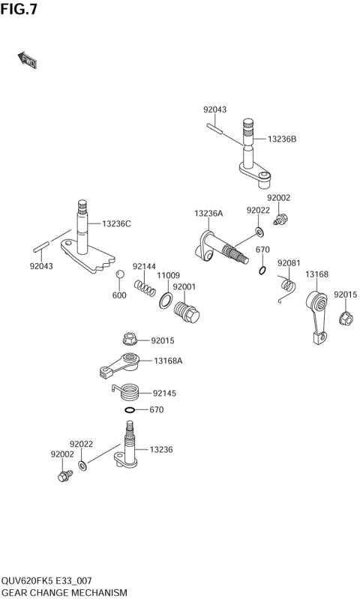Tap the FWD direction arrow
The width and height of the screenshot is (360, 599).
[27, 60]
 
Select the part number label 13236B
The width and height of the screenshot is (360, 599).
[283, 139]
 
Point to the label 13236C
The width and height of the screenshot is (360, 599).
[116, 223]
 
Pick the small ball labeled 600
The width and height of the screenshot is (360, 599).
[118, 275]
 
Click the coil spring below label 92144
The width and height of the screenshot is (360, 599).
[145, 288]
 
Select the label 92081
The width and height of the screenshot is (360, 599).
[289, 263]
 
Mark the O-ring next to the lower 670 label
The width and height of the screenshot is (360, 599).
[130, 410]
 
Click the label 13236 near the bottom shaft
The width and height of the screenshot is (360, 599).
[161, 450]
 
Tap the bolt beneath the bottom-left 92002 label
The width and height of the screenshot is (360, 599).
[64, 475]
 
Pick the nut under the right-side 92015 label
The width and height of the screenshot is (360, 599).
[346, 318]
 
